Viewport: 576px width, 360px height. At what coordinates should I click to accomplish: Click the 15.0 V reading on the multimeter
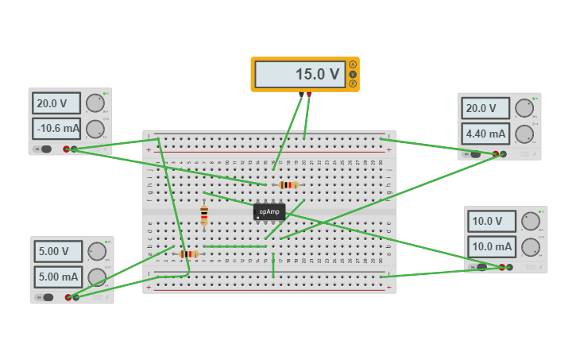click(x=300, y=75)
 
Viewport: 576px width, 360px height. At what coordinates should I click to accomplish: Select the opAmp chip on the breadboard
click(x=269, y=211)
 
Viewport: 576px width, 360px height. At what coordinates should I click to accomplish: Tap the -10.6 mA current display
click(x=56, y=128)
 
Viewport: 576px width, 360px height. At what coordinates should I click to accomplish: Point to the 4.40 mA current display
click(x=485, y=134)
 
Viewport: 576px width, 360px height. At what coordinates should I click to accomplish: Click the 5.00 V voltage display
click(x=58, y=251)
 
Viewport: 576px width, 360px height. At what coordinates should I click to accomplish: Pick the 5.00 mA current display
click(x=58, y=277)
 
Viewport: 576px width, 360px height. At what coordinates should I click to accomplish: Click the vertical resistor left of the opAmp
click(x=204, y=215)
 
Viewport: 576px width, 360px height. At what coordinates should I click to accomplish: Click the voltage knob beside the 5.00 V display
click(x=97, y=251)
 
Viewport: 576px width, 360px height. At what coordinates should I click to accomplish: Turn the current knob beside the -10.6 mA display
click(x=95, y=129)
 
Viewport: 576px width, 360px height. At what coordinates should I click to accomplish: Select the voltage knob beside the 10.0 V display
click(x=531, y=222)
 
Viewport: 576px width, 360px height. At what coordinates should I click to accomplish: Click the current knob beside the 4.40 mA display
click(x=524, y=134)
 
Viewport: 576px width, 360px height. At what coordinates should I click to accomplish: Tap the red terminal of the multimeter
click(x=309, y=95)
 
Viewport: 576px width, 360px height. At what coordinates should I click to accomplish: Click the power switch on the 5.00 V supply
click(x=48, y=297)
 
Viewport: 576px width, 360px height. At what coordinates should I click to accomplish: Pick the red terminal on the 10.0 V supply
click(x=501, y=267)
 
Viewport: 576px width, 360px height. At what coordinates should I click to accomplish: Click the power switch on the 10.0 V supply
click(x=481, y=267)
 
